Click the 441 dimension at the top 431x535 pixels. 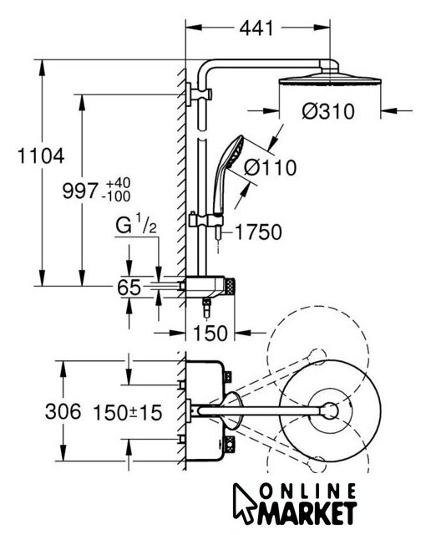[x=256, y=28]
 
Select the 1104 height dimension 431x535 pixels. [x=41, y=156]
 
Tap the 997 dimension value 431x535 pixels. [x=80, y=191]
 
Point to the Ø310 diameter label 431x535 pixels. [x=328, y=111]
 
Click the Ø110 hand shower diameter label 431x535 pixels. [x=271, y=167]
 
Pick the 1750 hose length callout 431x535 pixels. [x=258, y=232]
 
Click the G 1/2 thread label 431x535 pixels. [x=136, y=224]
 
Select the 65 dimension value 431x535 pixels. [x=129, y=288]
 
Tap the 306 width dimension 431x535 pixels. [x=63, y=411]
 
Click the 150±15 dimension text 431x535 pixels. [x=128, y=412]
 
